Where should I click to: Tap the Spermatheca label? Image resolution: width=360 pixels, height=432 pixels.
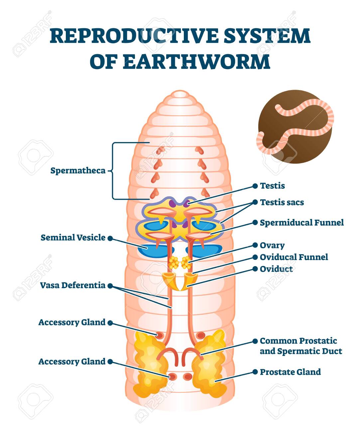coord(78,171)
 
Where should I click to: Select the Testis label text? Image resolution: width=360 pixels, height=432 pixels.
coord(272,186)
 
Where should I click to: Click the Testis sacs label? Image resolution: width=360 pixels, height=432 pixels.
coord(282,202)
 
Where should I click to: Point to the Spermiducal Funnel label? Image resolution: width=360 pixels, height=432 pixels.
coord(302,223)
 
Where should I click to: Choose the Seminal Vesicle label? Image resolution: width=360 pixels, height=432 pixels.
coord(73,238)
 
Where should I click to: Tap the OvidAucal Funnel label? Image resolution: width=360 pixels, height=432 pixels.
coord(294,257)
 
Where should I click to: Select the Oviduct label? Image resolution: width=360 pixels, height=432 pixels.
coord(276,269)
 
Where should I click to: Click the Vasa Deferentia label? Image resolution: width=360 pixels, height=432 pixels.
coord(73,285)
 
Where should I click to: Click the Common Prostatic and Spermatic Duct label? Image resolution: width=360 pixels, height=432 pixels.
coord(301,346)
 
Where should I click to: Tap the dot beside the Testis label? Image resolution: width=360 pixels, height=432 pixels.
coord(255,186)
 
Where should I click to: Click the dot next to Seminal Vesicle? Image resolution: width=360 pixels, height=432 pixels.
coord(110,238)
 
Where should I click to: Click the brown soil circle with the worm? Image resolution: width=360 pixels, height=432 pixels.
coord(295,126)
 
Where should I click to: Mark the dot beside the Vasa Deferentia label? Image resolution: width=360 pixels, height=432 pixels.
coord(110,286)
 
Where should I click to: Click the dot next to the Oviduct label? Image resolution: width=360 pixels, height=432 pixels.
coord(255,269)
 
